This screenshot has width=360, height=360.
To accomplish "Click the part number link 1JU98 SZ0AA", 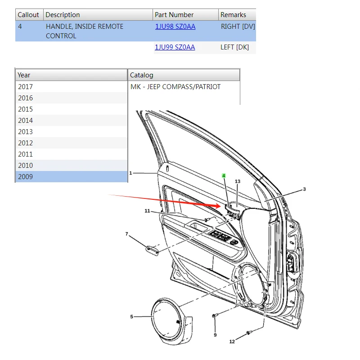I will [x=175, y=27].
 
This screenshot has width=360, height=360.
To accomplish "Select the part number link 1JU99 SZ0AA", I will [x=175, y=47].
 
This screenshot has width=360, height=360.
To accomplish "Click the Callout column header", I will [x=28, y=15].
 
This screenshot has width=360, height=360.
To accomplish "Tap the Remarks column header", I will [x=233, y=15].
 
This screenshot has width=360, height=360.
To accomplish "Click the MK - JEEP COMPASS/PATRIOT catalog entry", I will [x=175, y=87].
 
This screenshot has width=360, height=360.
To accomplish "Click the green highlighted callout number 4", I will [x=224, y=175].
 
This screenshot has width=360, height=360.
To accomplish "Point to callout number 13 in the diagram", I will [x=238, y=181].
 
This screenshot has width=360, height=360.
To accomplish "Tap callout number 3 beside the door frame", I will [x=304, y=189].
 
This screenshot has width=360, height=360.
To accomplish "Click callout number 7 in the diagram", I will [x=127, y=234].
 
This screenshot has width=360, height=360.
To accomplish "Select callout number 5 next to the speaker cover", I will [x=132, y=317].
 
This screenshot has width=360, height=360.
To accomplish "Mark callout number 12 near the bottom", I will [x=232, y=342].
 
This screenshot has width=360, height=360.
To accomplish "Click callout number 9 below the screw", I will [x=215, y=335].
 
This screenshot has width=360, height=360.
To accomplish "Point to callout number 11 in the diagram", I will [x=147, y=211].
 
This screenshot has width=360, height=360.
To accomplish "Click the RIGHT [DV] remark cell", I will [x=238, y=27].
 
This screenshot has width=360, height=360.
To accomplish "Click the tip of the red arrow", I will [x=220, y=207].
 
